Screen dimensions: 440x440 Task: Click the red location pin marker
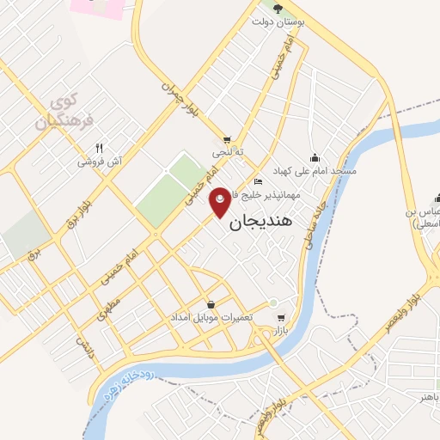(x=221, y=201)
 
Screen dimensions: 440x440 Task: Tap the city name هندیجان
(x=261, y=221)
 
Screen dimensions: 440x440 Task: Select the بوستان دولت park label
(x=278, y=23)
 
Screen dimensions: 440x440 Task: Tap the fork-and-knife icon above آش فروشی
(x=100, y=148)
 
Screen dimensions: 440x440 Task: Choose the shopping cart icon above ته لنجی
(x=227, y=140)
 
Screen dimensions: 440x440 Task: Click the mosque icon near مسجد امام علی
(x=315, y=157)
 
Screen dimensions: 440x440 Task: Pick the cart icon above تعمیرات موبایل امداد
(x=211, y=304)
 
